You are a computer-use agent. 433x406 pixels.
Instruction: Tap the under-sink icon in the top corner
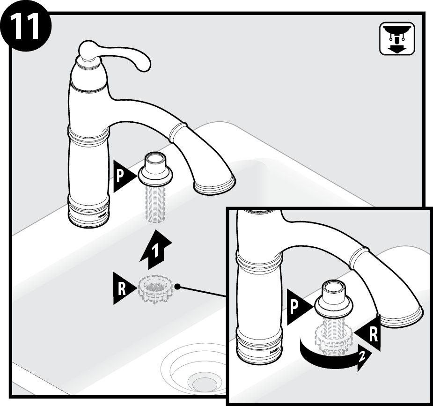pos(397,39)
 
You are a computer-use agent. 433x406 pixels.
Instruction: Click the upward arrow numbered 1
pos(156,250)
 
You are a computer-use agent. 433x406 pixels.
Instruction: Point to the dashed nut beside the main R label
pos(155,288)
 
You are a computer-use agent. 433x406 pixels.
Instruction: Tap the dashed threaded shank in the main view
pos(155,203)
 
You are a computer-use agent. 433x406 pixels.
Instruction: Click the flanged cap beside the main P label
pos(155,170)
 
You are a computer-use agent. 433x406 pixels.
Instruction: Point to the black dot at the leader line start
pos(177,287)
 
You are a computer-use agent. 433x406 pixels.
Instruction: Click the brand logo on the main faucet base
pos(103,216)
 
